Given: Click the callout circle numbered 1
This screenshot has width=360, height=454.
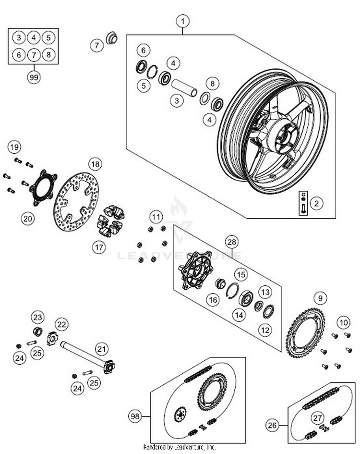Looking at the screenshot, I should point(182,21).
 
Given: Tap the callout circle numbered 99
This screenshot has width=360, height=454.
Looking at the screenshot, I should point(34,77).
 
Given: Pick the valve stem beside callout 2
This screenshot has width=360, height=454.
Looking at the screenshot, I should point(303,203).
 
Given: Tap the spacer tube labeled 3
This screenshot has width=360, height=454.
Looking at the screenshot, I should point(186,87).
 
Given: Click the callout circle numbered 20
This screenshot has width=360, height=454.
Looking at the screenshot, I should point(28,219).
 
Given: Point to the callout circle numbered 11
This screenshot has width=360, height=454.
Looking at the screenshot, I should point(155,216).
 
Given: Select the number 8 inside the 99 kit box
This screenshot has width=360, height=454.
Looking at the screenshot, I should point(48,54).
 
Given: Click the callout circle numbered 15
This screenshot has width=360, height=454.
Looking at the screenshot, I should point(240,275).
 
